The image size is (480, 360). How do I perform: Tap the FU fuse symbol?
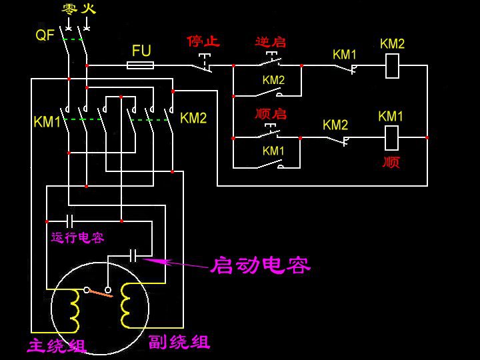pyautogui.click(x=141, y=65)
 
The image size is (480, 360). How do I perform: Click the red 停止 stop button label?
pyautogui.click(x=203, y=41)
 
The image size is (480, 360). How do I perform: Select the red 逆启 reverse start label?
pyautogui.click(x=270, y=41)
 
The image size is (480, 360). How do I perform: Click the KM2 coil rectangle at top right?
pyautogui.click(x=393, y=65)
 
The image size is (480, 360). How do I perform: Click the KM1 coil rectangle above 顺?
pyautogui.click(x=392, y=137)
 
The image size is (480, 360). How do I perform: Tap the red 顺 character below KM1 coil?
pyautogui.click(x=391, y=161)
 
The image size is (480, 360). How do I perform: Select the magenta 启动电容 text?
pyautogui.click(x=261, y=265)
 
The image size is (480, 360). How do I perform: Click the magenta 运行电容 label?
pyautogui.click(x=77, y=237)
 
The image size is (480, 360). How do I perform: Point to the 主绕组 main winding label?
pyautogui.click(x=57, y=346)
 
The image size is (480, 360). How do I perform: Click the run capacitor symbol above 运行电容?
pyautogui.click(x=69, y=221)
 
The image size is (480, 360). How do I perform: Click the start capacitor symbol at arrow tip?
pyautogui.click(x=133, y=255)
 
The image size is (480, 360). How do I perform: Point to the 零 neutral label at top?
pyautogui.click(x=69, y=9)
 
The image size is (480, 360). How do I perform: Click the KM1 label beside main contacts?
pyautogui.click(x=47, y=122)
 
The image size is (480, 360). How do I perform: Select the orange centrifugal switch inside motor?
pyautogui.click(x=101, y=292)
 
